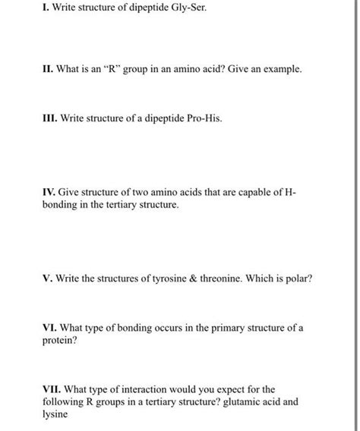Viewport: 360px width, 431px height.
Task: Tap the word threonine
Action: point(226,277)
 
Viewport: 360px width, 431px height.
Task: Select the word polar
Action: point(299,277)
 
